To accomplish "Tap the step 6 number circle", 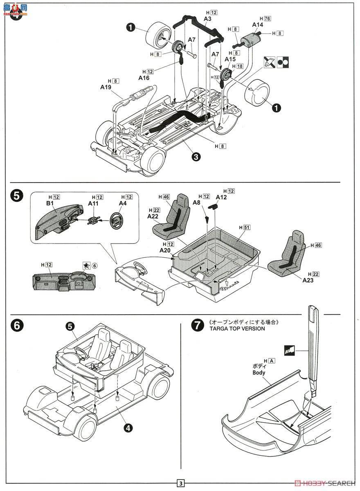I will pyautogui.click(x=16, y=325).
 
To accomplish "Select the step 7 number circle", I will pyautogui.click(x=197, y=325).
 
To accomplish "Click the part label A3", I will pyautogui.click(x=207, y=19).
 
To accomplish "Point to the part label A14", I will pyautogui.click(x=257, y=25).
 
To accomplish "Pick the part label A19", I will pyautogui.click(x=106, y=87).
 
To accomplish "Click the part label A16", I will pyautogui.click(x=144, y=78).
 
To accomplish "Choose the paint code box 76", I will pyautogui.click(x=268, y=18).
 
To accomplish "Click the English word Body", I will pyautogui.click(x=259, y=373).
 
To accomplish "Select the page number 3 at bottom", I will pyautogui.click(x=180, y=483).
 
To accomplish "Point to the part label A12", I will pyautogui.click(x=221, y=197).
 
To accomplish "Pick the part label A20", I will pyautogui.click(x=166, y=250).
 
